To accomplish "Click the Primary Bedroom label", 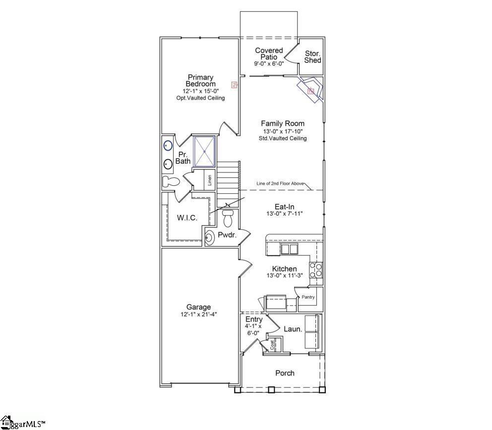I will (x=200, y=81).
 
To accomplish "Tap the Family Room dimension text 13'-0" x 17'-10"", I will (x=283, y=131).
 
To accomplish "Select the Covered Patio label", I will (x=269, y=54).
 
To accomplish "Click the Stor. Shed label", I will (x=312, y=57).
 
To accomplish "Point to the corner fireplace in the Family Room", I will (x=310, y=90).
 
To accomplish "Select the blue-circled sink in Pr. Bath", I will (x=168, y=146).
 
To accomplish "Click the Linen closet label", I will (x=210, y=180).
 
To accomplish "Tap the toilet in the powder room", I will (x=228, y=217).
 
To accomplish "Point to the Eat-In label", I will (x=286, y=207).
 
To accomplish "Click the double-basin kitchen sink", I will (x=289, y=249).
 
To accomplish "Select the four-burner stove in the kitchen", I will (x=316, y=270).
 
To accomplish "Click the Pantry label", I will (x=308, y=297).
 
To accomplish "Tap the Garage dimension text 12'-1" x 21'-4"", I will (x=198, y=315).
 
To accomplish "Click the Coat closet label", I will (x=272, y=345).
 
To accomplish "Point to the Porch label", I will (x=285, y=373).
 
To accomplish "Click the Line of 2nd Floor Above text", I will (x=280, y=183).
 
